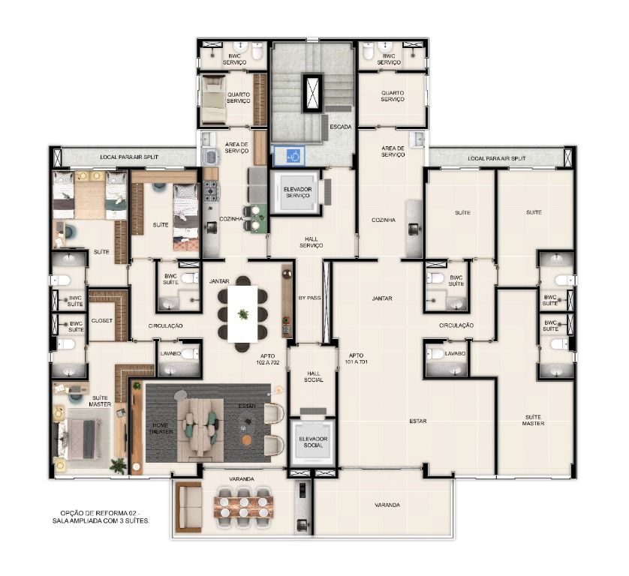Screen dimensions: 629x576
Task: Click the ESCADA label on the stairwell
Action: [x=341, y=127]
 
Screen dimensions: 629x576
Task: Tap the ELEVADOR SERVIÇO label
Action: [x=298, y=192]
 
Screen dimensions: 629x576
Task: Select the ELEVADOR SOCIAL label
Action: [x=313, y=442]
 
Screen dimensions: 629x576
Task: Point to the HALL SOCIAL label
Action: [x=313, y=376]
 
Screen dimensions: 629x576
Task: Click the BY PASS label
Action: [x=310, y=298]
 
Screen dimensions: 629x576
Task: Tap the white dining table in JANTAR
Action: [x=242, y=313]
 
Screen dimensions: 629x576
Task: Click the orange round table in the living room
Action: [x=247, y=439]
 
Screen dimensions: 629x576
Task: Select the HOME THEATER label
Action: [x=161, y=428]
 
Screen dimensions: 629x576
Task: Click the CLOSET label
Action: [x=102, y=321]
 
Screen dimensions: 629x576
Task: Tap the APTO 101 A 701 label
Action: [x=357, y=358]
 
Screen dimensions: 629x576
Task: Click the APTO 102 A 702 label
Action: [x=267, y=358]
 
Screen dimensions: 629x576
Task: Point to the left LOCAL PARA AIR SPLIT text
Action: [x=129, y=157]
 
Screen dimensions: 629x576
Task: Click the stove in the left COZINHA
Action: [x=212, y=190]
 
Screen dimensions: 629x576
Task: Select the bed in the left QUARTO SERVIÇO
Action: [x=213, y=100]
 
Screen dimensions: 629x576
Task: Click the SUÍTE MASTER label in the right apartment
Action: [x=533, y=420]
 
